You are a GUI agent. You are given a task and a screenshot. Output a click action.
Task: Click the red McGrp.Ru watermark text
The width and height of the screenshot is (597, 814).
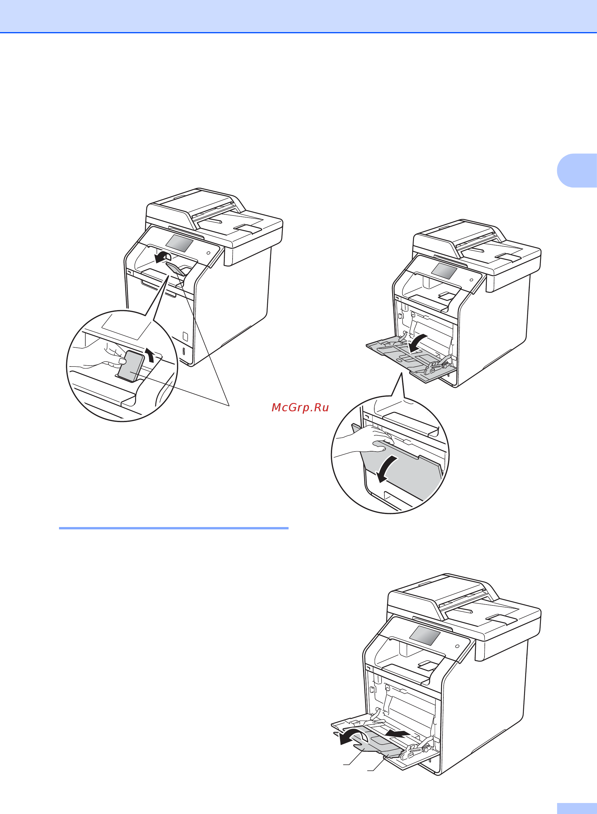300,407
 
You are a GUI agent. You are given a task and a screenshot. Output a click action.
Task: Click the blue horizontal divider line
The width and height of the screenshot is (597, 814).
174,528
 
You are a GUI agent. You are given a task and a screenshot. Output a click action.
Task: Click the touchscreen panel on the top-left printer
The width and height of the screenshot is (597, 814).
179,243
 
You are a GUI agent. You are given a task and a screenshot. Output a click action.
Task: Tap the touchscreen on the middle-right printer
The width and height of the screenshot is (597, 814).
444,271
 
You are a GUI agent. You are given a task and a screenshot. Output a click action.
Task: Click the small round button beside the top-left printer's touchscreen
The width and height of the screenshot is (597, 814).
208,252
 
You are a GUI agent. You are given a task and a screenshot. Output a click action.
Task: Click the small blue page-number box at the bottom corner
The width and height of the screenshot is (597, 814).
577,809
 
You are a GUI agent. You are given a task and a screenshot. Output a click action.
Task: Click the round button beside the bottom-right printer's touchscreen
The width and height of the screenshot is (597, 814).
457,646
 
